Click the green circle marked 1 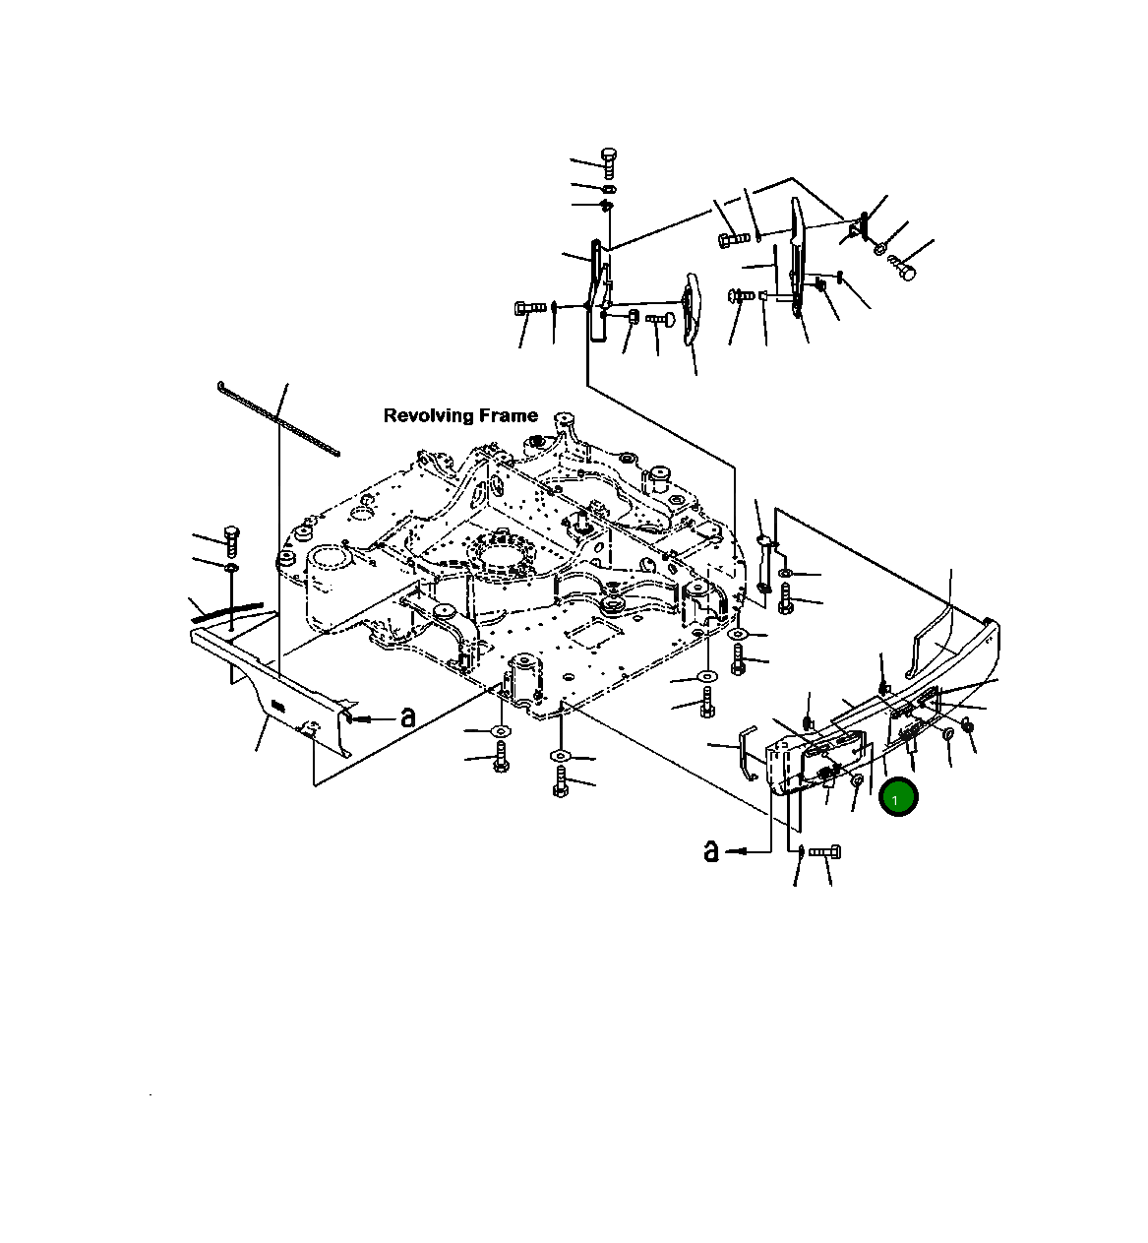pos(898,798)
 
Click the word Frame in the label pos(506,415)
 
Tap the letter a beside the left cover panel pos(406,718)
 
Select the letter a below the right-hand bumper pos(712,850)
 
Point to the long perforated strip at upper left pos(278,418)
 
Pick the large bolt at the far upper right pos(902,267)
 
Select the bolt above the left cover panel pos(232,540)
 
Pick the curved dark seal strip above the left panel pos(228,612)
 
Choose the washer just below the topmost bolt pos(608,187)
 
